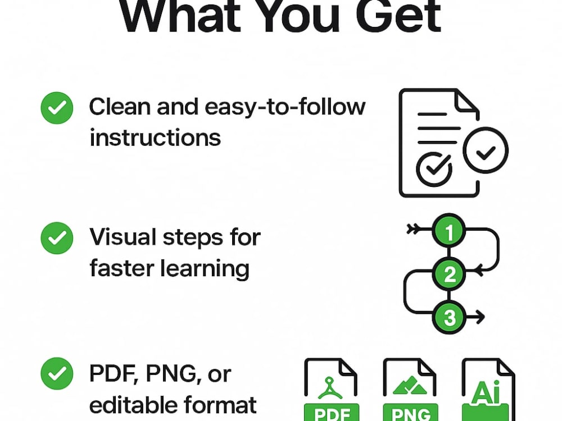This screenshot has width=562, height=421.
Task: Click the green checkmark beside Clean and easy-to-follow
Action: point(57,108)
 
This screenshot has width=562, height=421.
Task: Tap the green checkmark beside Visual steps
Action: point(57,238)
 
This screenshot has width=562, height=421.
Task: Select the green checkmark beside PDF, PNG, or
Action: point(57,373)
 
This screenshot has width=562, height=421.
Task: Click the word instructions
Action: point(155,138)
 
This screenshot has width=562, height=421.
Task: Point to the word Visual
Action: point(123,237)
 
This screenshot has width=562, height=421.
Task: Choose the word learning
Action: point(205,269)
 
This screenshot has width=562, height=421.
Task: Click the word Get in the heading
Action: point(398,15)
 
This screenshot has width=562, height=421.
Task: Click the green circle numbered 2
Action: point(449,274)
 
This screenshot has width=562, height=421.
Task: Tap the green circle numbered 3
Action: point(449,317)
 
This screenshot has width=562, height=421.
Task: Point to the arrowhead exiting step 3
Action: point(481,317)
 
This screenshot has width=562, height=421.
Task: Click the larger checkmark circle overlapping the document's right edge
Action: point(486,150)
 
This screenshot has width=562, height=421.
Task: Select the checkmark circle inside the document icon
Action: point(434,169)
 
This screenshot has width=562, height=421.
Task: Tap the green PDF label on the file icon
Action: point(332,413)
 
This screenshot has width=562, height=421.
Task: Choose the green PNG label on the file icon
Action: point(410,413)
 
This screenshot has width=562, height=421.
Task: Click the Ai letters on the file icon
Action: point(486,392)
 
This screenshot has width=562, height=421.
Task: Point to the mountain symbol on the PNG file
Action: point(410,385)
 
